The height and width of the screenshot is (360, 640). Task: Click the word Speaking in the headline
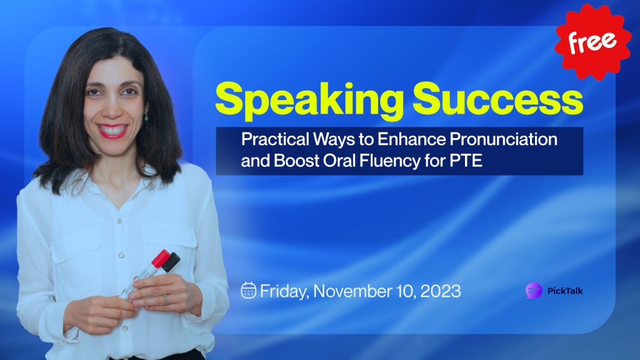coord(309,101)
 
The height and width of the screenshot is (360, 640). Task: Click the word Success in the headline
coord(497,98)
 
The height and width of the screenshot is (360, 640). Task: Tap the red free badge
coord(592,41)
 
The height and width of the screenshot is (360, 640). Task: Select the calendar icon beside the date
coord(248,290)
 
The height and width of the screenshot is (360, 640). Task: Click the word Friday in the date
coord(284,291)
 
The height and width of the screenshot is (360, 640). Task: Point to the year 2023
coord(441,291)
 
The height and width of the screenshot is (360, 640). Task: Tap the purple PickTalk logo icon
coord(534,291)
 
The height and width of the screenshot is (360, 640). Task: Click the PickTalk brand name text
coord(565,291)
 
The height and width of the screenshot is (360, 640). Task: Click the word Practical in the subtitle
coord(275,139)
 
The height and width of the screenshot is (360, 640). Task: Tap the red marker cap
coord(160,258)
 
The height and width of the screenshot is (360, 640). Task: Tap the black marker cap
coord(171,262)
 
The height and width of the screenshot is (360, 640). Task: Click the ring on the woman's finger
coord(165,300)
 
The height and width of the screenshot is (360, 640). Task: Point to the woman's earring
coord(146,116)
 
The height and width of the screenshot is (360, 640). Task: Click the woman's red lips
coord(112,131)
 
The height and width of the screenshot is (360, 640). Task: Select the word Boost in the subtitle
coord(296,161)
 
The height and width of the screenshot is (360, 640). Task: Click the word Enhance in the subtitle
coord(411,139)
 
